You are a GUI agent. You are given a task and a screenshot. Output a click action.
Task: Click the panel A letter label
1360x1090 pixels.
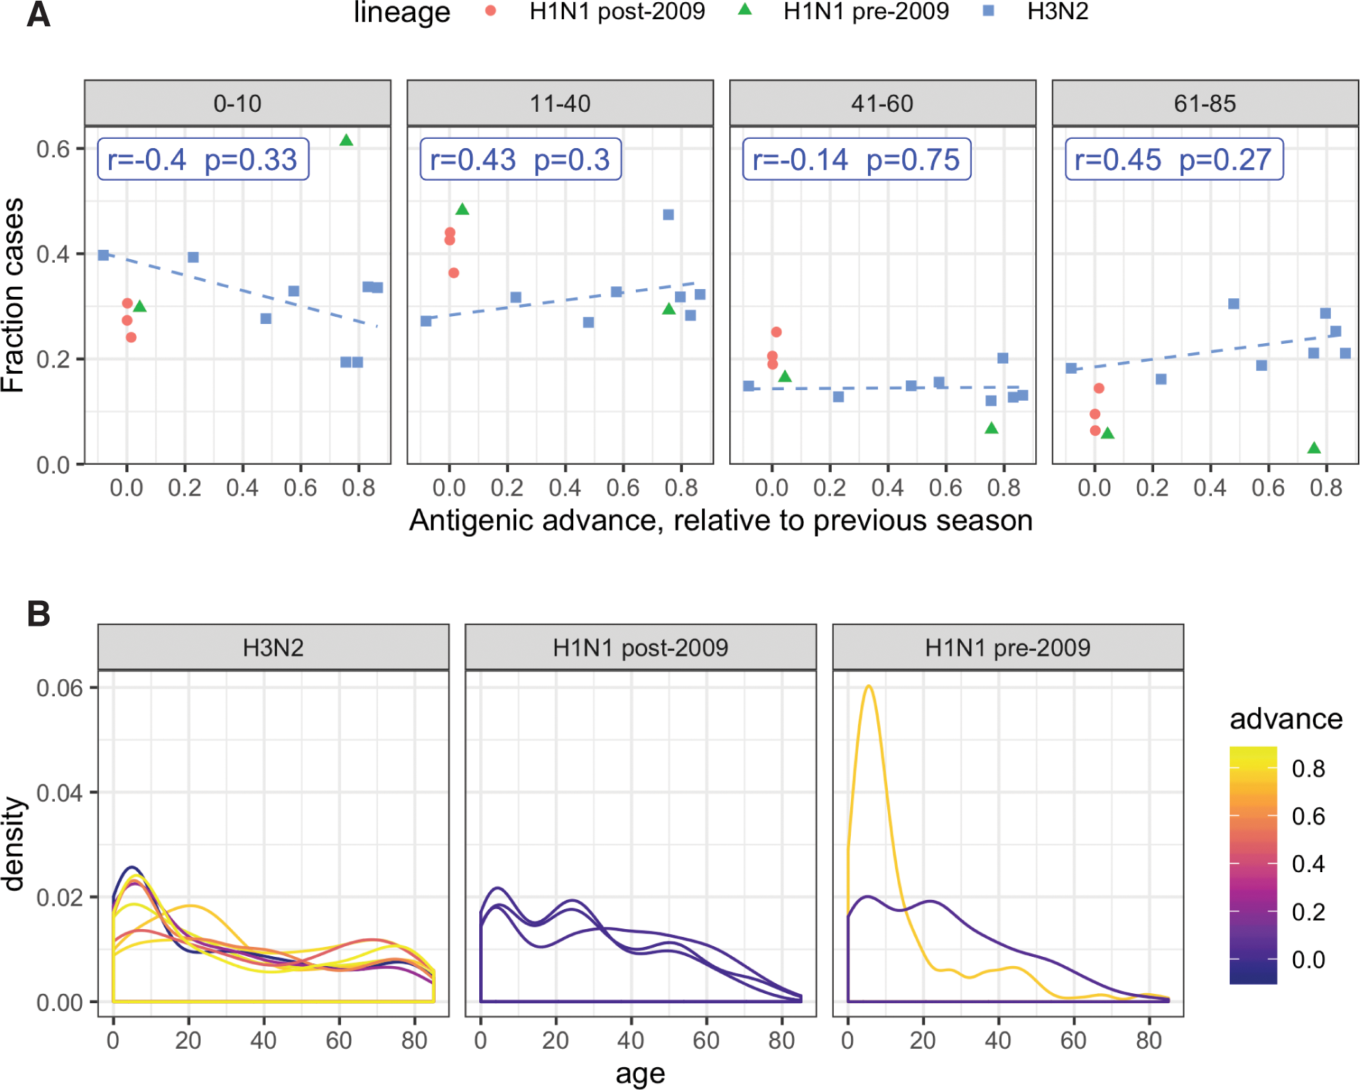[38, 14]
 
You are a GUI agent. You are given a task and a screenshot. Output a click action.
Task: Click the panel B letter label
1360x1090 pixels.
[38, 614]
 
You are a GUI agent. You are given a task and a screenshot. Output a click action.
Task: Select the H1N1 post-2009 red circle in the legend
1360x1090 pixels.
[490, 11]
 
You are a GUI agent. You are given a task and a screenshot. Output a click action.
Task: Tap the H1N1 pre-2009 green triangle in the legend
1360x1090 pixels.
[745, 10]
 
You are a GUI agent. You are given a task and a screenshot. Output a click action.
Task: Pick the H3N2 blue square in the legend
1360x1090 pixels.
[988, 11]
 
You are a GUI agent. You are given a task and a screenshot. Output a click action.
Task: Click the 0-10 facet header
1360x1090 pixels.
[238, 104]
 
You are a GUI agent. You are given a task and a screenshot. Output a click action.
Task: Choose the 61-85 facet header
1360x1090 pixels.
[1205, 104]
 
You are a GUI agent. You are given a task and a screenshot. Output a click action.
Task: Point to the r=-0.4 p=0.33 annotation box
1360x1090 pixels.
[203, 159]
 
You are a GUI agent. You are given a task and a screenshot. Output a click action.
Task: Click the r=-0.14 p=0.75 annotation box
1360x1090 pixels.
[857, 159]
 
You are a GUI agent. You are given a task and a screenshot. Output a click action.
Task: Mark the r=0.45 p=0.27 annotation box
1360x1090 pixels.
[1173, 159]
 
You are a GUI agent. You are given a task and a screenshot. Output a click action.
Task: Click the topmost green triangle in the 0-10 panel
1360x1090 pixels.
[346, 140]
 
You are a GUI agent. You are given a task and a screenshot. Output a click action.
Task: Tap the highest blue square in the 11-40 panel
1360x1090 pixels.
[668, 214]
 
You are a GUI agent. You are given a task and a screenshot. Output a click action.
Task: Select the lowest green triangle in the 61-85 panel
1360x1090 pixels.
[1314, 448]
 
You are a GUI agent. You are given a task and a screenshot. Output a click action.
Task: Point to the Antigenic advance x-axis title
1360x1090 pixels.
[721, 520]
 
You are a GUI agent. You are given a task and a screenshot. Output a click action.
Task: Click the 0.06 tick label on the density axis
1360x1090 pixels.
[60, 688]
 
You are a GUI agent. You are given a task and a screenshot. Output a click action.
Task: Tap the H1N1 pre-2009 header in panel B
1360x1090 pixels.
[1008, 648]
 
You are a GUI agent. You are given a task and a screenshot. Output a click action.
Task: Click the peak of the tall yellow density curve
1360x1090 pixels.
[869, 686]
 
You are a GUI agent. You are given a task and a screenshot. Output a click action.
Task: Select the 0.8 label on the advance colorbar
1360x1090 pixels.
[1308, 769]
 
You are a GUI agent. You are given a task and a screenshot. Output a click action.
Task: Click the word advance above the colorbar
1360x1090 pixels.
[1286, 719]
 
